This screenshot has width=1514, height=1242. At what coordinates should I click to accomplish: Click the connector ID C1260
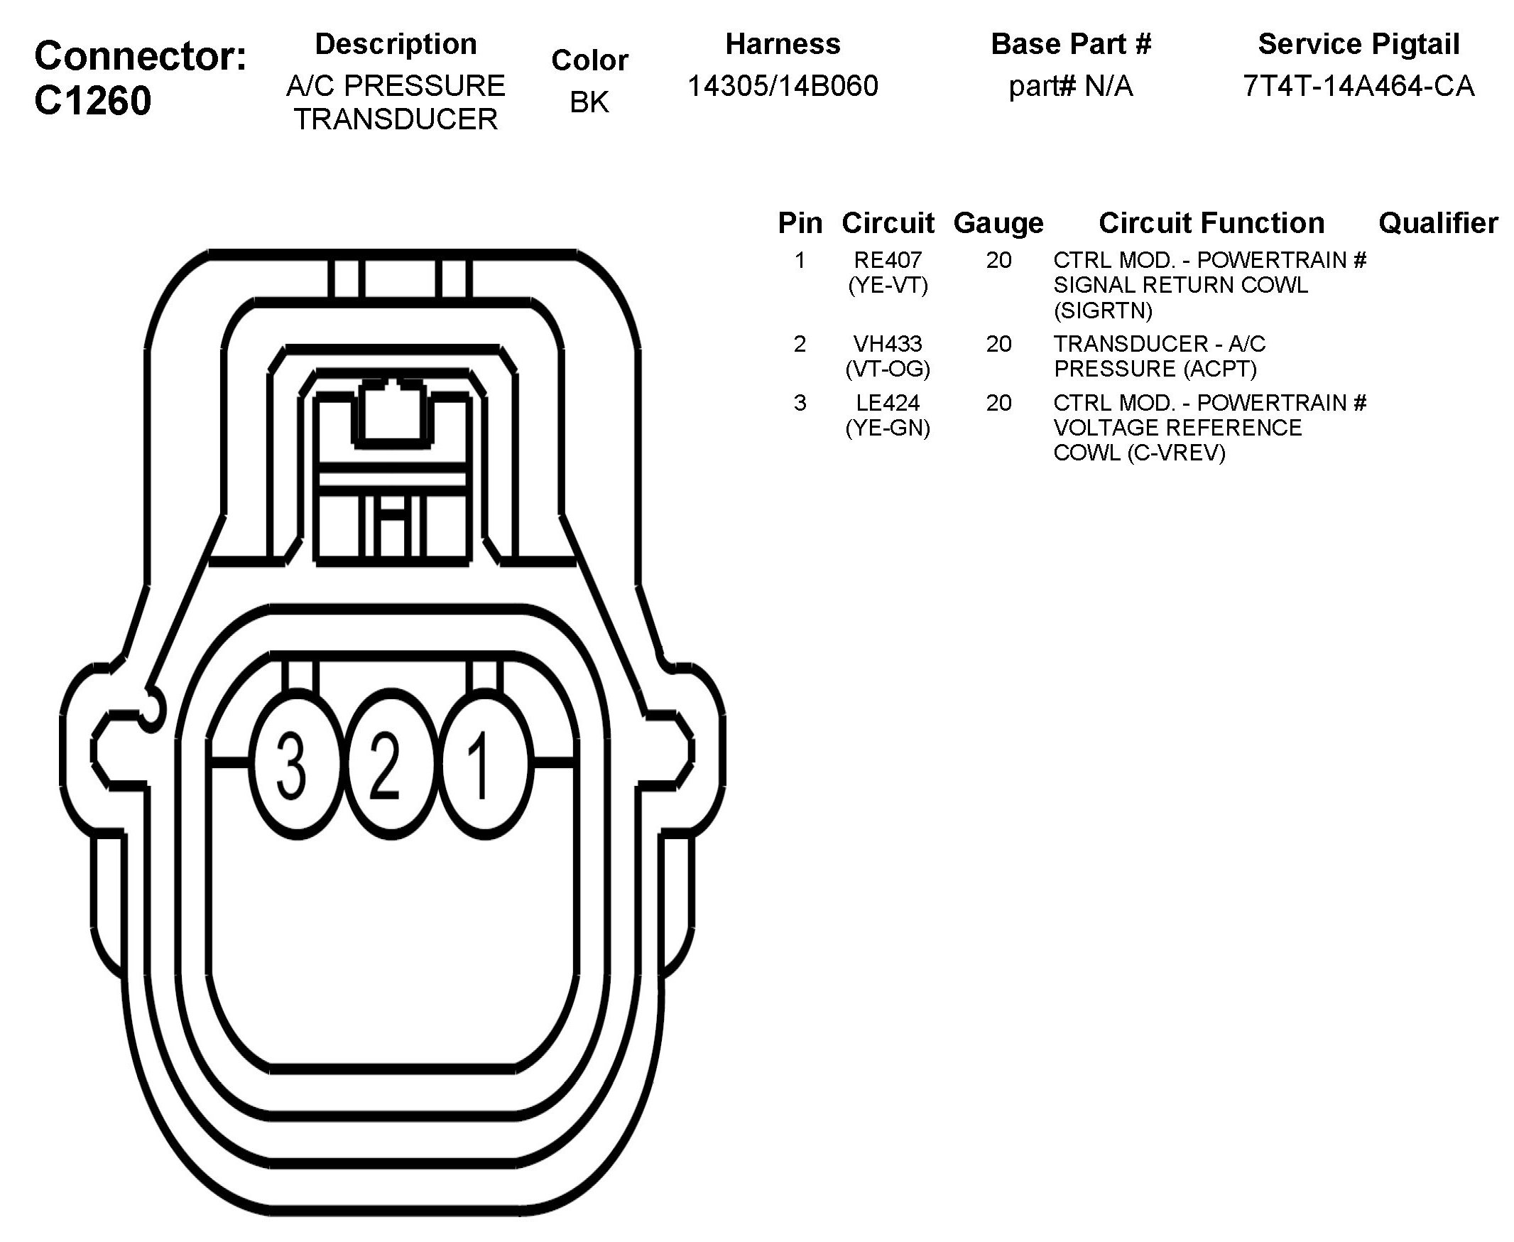pyautogui.click(x=92, y=100)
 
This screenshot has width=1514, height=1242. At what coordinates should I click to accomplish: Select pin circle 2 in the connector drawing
pyautogui.click(x=386, y=765)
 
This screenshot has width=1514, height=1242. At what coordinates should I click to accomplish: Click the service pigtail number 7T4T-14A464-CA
pyautogui.click(x=1358, y=86)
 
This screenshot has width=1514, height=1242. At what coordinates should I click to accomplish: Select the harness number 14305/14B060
pyautogui.click(x=783, y=86)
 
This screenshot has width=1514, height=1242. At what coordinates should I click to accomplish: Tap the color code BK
pyautogui.click(x=589, y=102)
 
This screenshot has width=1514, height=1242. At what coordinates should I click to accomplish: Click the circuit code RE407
pyautogui.click(x=888, y=260)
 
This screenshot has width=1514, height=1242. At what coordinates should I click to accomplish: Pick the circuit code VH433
pyautogui.click(x=888, y=343)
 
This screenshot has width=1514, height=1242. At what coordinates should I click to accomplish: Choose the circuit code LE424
pyautogui.click(x=888, y=403)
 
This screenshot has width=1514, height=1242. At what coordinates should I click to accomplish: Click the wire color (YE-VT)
pyautogui.click(x=888, y=286)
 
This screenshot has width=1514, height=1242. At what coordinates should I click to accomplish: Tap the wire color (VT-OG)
pyautogui.click(x=888, y=369)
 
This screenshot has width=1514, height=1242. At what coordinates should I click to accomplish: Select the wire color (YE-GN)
pyautogui.click(x=888, y=428)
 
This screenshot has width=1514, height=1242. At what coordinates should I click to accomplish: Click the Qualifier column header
pyautogui.click(x=1437, y=223)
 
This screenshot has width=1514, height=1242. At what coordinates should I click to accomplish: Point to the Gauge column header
pyautogui.click(x=998, y=223)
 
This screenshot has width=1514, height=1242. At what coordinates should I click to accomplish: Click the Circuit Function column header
pyautogui.click(x=1211, y=223)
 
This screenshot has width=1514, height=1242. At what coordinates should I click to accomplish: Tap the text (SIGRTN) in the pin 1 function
pyautogui.click(x=1103, y=310)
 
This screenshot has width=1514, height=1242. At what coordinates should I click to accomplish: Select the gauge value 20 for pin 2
pyautogui.click(x=998, y=343)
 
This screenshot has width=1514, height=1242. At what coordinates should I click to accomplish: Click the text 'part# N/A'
pyautogui.click(x=1071, y=86)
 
